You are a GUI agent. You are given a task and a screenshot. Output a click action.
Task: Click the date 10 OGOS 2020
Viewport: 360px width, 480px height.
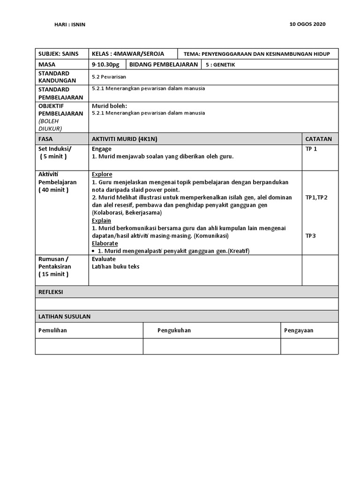click(308, 24)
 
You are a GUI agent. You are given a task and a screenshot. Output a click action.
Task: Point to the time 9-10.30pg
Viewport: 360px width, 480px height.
click(106, 65)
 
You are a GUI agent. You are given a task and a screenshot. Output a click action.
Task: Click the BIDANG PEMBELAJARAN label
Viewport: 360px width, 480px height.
click(164, 65)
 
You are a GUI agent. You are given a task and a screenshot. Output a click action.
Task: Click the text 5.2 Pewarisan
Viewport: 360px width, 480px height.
click(109, 76)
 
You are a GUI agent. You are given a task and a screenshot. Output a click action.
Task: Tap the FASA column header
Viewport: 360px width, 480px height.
click(45, 139)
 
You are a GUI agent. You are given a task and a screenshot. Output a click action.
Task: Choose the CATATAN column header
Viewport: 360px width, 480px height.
click(318, 139)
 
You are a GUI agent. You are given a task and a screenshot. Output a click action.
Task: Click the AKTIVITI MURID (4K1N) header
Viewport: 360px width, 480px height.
click(125, 139)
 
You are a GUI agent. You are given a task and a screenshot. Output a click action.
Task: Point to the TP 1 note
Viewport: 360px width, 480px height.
click(311, 149)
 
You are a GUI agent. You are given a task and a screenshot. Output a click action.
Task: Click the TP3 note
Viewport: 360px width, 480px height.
click(310, 236)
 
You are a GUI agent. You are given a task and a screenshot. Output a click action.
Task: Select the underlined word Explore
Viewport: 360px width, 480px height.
click(102, 174)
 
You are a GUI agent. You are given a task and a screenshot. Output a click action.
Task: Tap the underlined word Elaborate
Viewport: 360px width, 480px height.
click(105, 243)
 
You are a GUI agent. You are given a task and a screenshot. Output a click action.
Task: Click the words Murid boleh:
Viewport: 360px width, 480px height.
click(109, 106)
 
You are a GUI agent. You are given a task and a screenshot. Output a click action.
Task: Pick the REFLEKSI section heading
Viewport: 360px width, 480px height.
click(51, 292)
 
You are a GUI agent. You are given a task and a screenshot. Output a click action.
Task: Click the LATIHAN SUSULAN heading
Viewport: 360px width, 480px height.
click(64, 316)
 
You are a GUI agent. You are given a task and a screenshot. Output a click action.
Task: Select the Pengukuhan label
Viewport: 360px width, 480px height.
click(174, 330)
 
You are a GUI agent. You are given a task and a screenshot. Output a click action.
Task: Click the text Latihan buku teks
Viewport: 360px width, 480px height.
click(115, 267)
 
